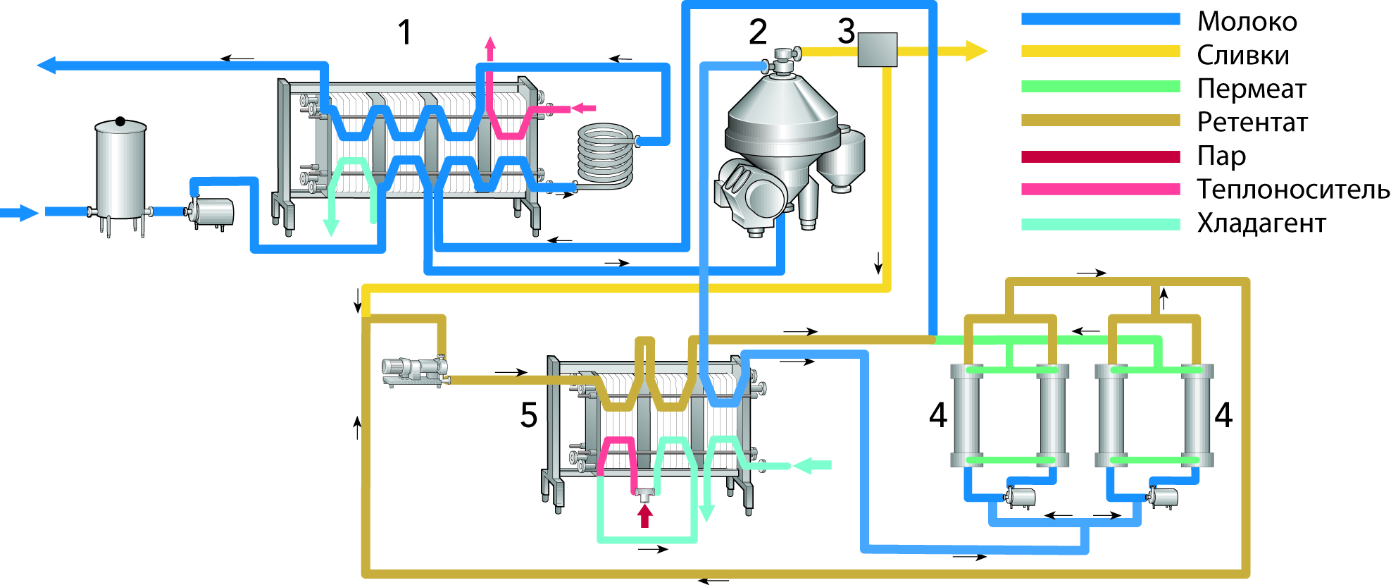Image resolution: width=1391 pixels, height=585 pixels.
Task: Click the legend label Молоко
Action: click(1247, 22)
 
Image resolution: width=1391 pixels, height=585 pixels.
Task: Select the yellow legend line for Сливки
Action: click(1100, 51)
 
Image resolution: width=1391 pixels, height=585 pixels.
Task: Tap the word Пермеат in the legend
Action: click(1252, 89)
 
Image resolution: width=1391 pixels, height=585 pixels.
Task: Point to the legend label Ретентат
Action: click(1252, 123)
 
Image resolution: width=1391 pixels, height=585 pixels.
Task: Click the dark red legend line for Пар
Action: click(1100, 156)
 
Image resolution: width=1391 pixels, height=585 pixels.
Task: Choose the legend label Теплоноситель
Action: click(1293, 190)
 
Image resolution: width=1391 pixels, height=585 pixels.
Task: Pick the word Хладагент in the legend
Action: click(1261, 223)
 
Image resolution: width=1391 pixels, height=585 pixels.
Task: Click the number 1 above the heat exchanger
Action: click(404, 32)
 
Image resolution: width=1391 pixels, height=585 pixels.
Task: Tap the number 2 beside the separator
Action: click(757, 32)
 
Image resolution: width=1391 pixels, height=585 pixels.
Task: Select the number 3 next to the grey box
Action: click(846, 31)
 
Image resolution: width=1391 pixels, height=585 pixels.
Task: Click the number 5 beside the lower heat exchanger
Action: click(529, 415)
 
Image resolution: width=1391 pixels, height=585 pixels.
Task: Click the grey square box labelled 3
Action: click(877, 50)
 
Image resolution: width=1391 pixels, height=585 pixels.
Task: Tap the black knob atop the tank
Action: click(120, 122)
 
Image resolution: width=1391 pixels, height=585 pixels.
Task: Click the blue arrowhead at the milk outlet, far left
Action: click(46, 66)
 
